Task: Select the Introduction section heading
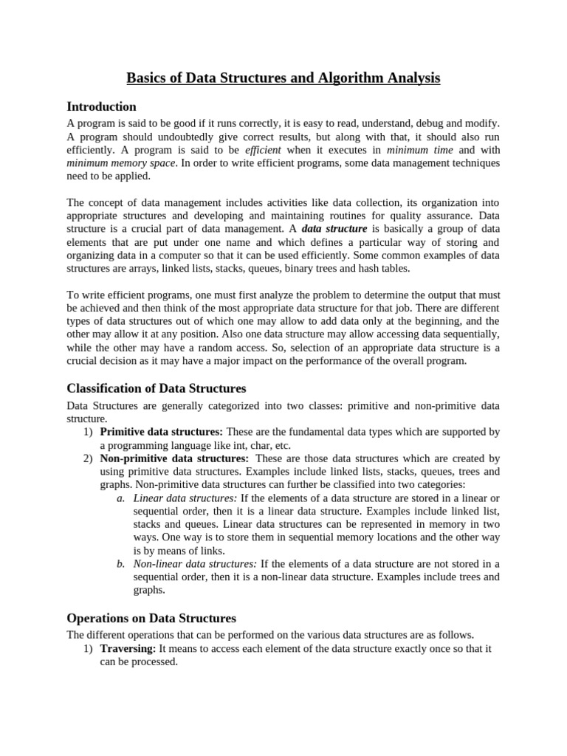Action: tap(101, 106)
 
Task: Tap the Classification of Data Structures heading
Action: tap(157, 388)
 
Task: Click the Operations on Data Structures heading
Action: tap(151, 618)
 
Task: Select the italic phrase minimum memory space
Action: tap(121, 162)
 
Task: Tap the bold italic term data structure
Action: tap(334, 229)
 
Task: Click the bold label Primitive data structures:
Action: tap(162, 431)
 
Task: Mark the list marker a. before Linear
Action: tap(121, 498)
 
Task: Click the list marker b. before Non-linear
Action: tap(121, 563)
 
